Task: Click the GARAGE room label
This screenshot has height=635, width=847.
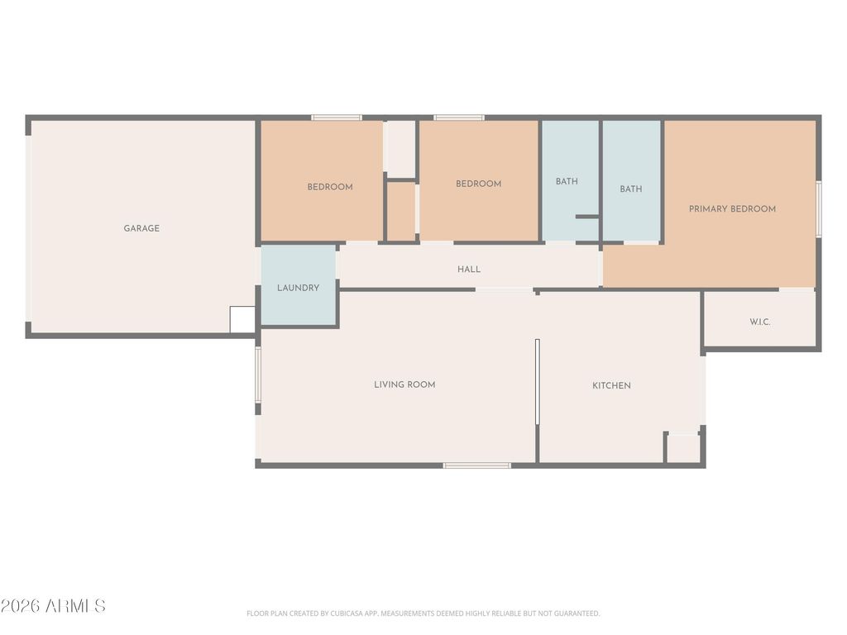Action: pyautogui.click(x=141, y=228)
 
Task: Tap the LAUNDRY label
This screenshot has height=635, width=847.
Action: pyautogui.click(x=298, y=288)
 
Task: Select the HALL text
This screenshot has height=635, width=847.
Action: pyautogui.click(x=469, y=270)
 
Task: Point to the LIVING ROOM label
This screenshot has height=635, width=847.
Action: pyautogui.click(x=404, y=384)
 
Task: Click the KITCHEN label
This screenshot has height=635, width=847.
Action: pyautogui.click(x=611, y=385)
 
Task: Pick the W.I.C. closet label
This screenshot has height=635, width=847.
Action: pyautogui.click(x=760, y=322)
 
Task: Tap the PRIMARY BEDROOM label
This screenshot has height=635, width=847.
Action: pyautogui.click(x=733, y=209)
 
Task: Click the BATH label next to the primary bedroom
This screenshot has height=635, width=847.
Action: pyautogui.click(x=631, y=189)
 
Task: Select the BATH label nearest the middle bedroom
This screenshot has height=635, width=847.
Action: pyautogui.click(x=567, y=181)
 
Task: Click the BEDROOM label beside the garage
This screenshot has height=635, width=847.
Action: pyautogui.click(x=330, y=187)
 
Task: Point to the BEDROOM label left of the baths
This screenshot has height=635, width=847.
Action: pyautogui.click(x=479, y=184)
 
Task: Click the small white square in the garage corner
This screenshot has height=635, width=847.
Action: pyautogui.click(x=242, y=320)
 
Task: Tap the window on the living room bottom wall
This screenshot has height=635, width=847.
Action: pyautogui.click(x=477, y=465)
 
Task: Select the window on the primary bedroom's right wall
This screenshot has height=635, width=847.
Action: pyautogui.click(x=819, y=209)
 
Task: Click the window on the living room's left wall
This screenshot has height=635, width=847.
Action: pyautogui.click(x=258, y=375)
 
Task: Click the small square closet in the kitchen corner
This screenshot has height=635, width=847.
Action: pyautogui.click(x=682, y=448)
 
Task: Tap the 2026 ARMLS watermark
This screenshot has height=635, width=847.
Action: pyautogui.click(x=53, y=606)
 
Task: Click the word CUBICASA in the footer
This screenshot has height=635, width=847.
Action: pyautogui.click(x=347, y=614)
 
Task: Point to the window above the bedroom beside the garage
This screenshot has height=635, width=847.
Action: pyautogui.click(x=337, y=117)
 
